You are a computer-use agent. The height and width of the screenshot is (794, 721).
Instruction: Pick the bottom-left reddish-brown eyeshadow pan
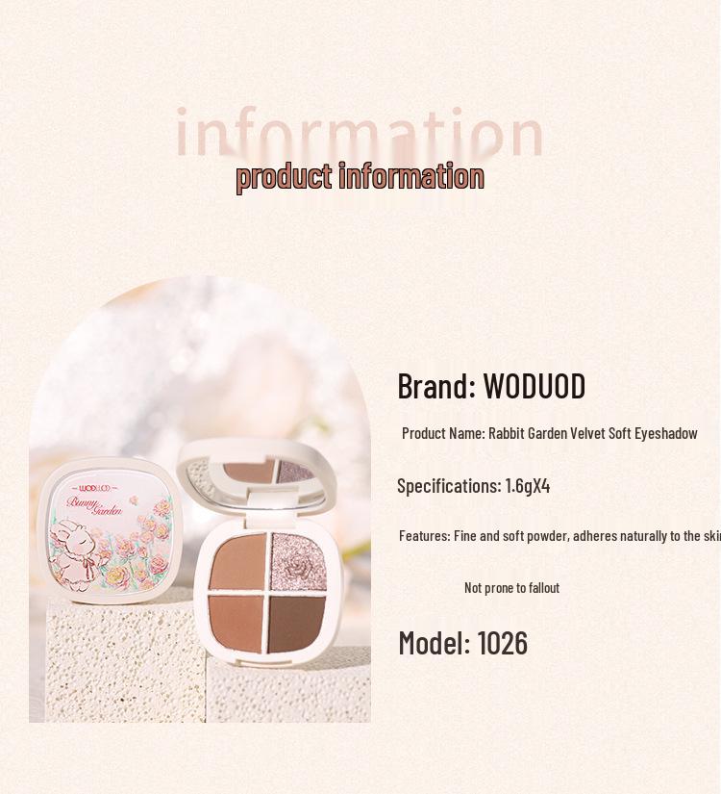(236, 621)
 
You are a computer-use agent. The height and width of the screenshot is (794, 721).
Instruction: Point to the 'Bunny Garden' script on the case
(96, 506)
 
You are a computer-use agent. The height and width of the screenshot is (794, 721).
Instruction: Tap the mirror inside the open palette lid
(274, 471)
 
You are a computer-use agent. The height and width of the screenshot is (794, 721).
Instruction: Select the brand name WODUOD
(534, 386)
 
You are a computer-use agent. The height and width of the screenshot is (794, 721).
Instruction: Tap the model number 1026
(502, 643)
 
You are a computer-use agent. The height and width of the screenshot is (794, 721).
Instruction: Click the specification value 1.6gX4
(528, 486)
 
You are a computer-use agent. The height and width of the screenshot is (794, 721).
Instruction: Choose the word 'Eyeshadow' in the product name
(665, 433)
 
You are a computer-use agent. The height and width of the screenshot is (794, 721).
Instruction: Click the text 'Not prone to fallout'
(511, 588)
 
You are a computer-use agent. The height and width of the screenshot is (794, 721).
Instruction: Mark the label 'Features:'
(424, 536)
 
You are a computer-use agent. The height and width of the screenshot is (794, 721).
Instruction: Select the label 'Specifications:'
(448, 486)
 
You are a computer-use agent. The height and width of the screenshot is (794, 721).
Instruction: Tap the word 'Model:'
(435, 643)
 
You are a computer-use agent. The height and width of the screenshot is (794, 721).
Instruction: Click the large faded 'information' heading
(360, 133)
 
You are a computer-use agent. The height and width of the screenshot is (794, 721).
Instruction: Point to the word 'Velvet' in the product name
(587, 433)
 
